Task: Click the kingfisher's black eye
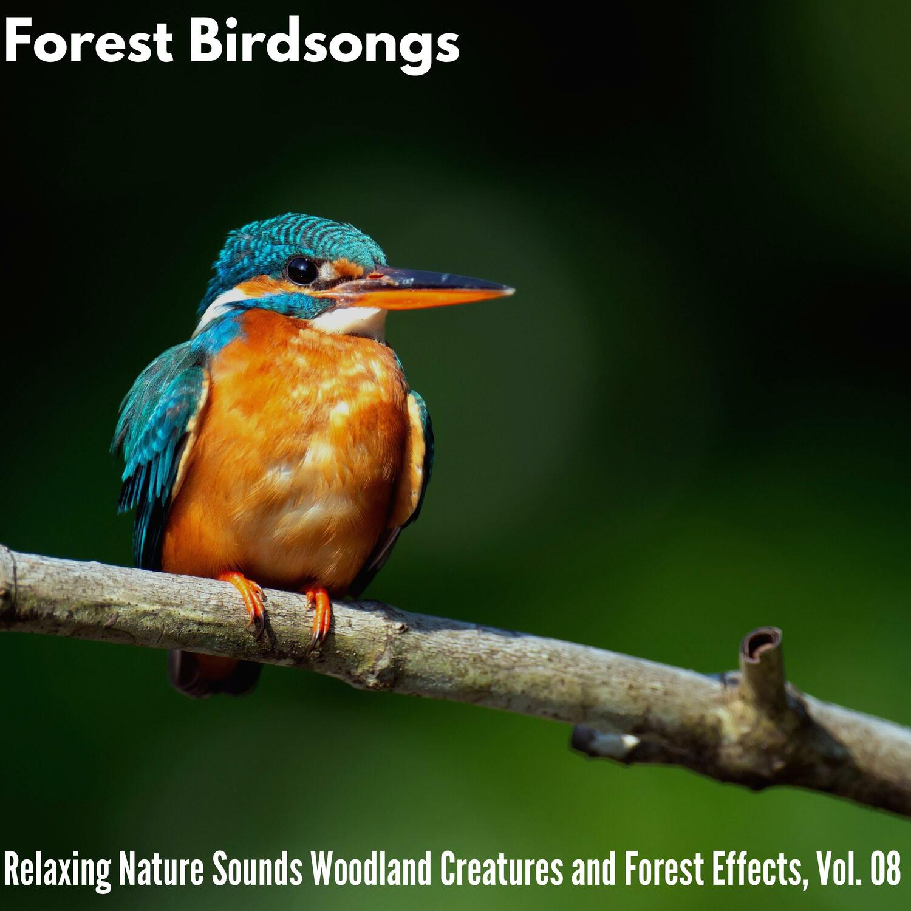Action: [301, 270]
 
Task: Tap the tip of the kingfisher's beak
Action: [514, 291]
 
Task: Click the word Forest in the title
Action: [89, 41]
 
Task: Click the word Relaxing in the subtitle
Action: [57, 870]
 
